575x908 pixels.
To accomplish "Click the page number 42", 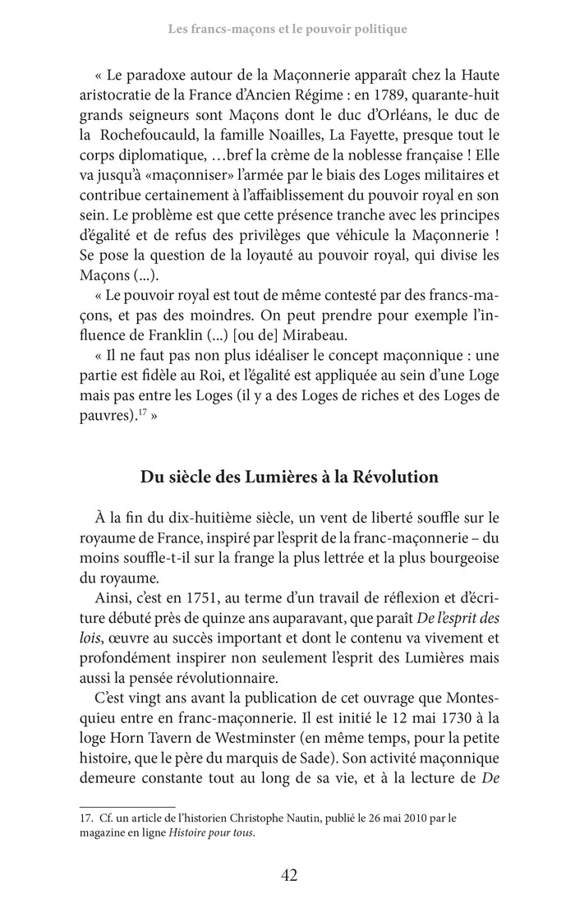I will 287,874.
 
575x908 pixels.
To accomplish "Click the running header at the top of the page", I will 287,30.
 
